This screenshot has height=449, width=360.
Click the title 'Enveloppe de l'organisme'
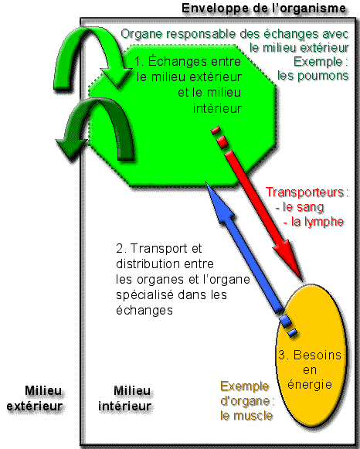point(264,8)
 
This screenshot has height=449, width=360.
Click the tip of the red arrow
point(301,279)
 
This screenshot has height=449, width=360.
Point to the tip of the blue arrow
point(206,182)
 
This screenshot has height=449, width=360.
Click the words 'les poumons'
point(313,76)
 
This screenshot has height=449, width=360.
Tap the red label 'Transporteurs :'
point(307,192)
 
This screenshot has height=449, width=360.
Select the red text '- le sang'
point(300,207)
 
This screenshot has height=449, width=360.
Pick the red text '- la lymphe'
point(314,222)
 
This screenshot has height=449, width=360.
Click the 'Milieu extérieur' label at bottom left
point(35,398)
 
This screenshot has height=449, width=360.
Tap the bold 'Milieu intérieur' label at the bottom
point(125,398)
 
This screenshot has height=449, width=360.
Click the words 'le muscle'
point(246,416)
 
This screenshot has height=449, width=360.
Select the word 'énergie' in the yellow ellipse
point(310,384)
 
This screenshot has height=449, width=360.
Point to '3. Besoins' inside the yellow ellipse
point(310,355)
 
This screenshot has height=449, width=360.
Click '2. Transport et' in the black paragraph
point(159,248)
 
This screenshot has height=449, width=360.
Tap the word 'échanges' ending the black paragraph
point(144,310)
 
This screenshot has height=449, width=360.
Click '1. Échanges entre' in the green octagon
point(188,61)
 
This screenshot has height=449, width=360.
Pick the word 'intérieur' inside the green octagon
point(218,108)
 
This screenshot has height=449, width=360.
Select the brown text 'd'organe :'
point(247,401)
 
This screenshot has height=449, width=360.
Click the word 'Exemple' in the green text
point(321,62)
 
